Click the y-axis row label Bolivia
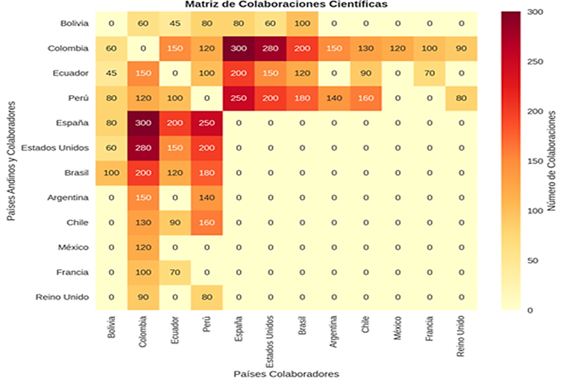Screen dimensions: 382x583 (x=74, y=24)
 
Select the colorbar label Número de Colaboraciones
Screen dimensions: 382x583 (x=553, y=162)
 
